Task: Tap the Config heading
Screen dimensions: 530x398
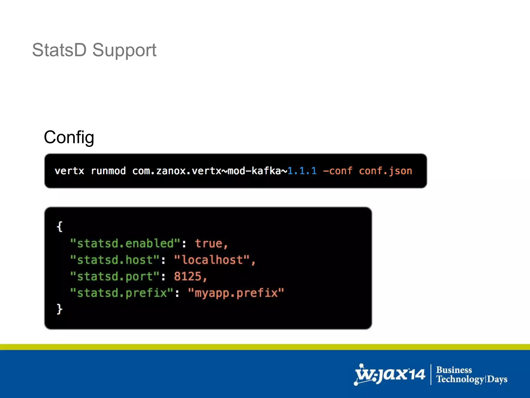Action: coord(69,137)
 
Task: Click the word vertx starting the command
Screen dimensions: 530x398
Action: coord(69,171)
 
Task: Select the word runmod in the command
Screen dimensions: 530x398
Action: coord(108,171)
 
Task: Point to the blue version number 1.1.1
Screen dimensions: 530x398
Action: coord(302,171)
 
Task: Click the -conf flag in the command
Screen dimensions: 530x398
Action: coord(337,171)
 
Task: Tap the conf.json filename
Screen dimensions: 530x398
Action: coord(385,171)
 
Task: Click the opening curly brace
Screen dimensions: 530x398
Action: coord(60,227)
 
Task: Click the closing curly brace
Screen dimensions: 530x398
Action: coord(60,309)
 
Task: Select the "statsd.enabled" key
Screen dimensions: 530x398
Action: coord(125,244)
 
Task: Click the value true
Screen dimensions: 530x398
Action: coord(209,244)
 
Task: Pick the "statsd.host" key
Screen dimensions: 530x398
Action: coord(115,260)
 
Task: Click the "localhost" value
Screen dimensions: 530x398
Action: coord(212,260)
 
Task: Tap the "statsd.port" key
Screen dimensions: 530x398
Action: coord(115,276)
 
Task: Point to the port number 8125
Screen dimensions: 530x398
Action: coord(188,276)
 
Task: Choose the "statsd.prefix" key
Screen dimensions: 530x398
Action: coord(122,293)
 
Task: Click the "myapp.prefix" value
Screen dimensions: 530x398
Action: coord(236,293)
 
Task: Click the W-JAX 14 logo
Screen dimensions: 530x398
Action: coord(390,375)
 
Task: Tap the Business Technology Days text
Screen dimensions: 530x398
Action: coord(472,375)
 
